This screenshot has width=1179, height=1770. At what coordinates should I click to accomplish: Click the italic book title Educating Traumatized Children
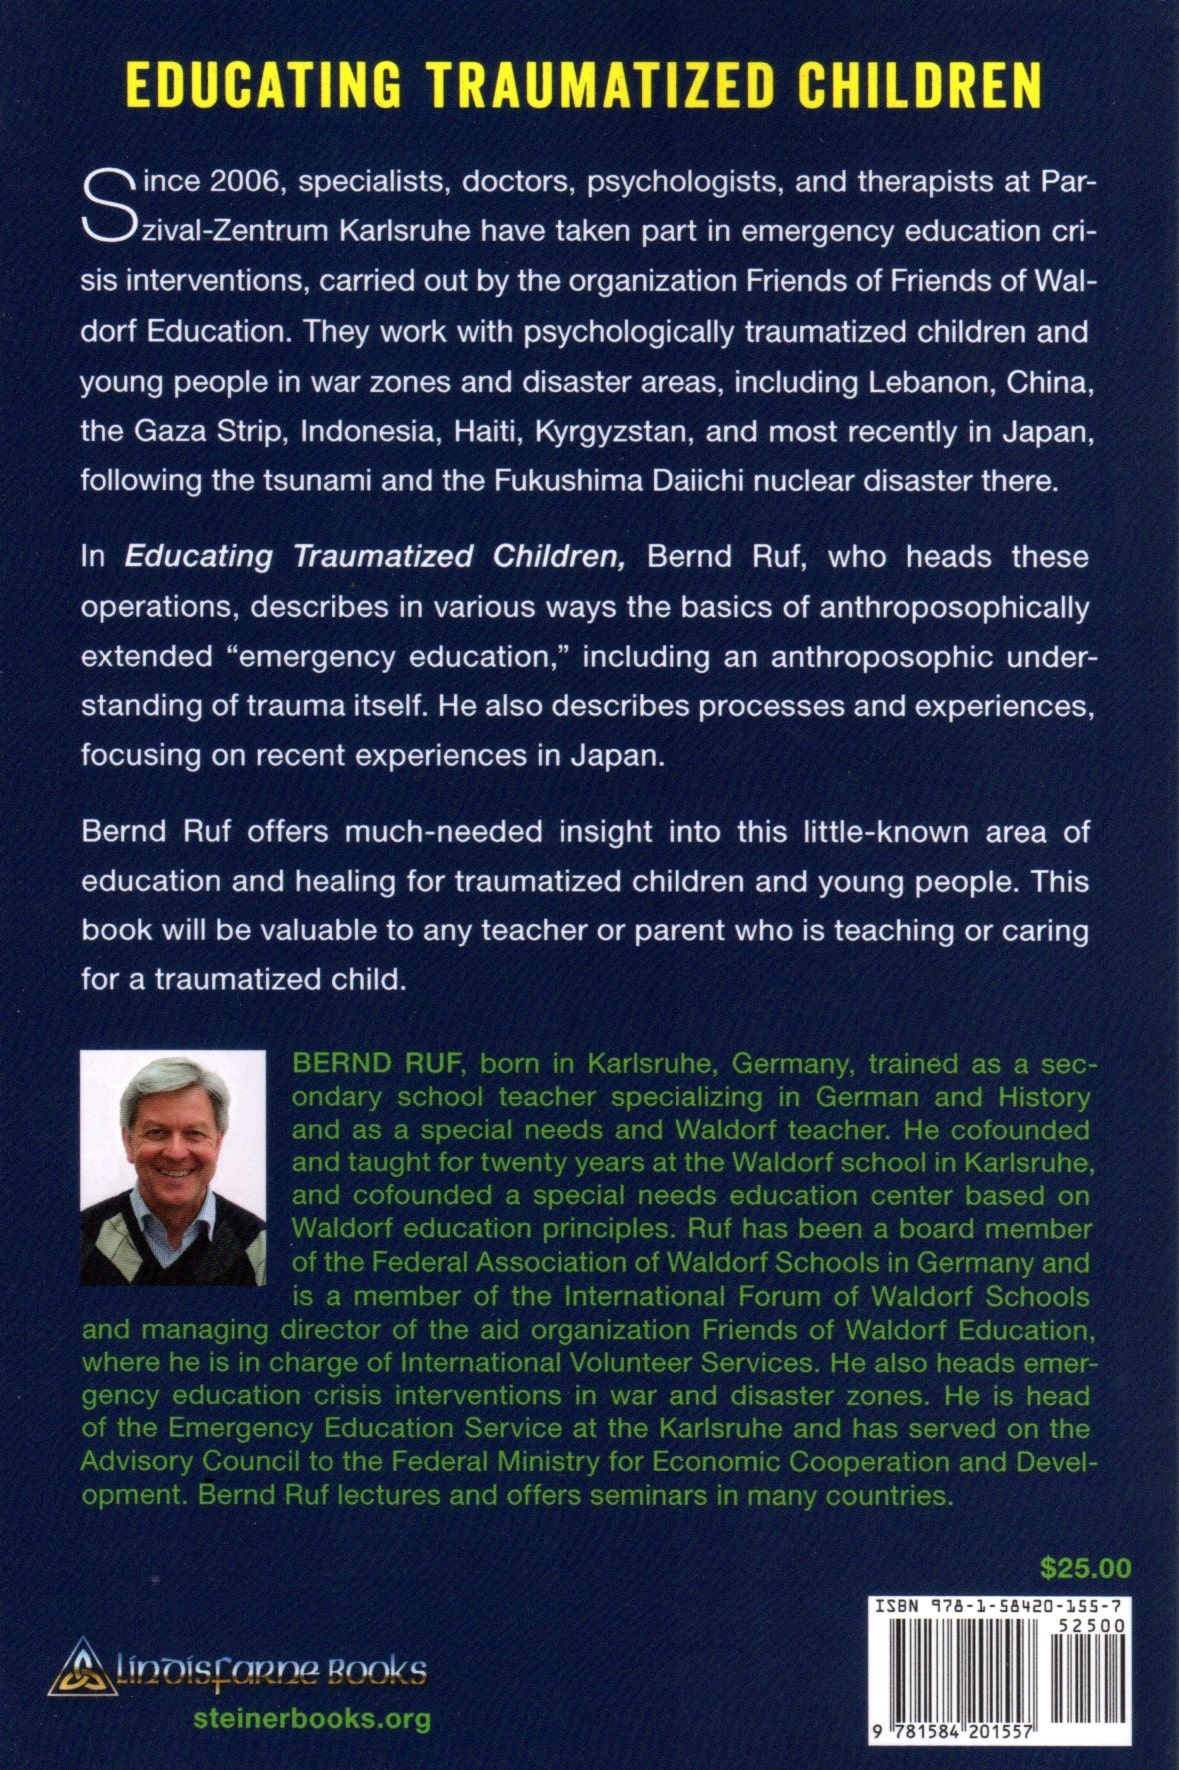[x=375, y=556]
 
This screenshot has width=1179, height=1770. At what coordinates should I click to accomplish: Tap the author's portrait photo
[x=172, y=1166]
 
